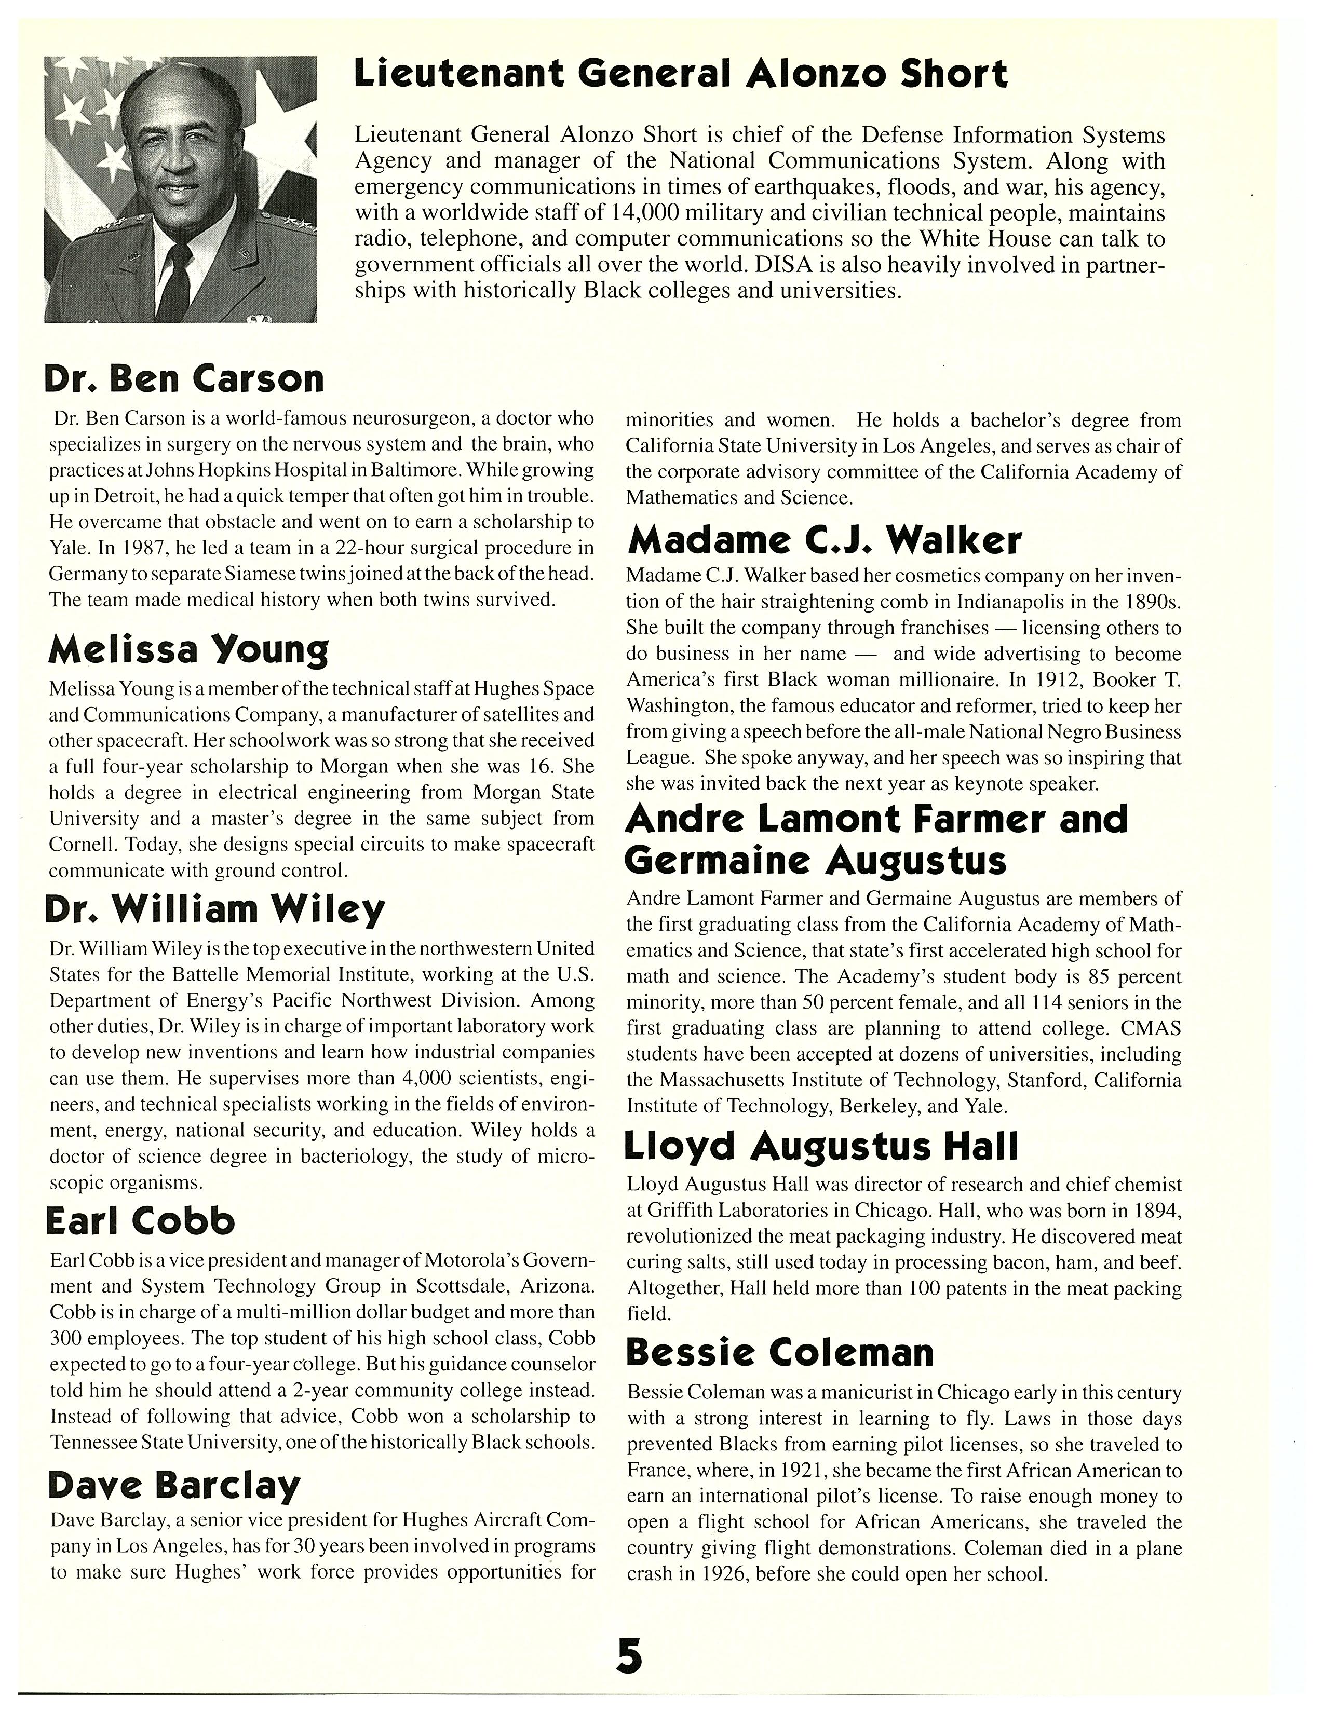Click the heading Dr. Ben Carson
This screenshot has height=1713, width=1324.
tap(184, 379)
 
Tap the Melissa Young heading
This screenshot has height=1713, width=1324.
tap(188, 649)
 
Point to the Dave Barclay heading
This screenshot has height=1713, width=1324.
tap(174, 1485)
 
